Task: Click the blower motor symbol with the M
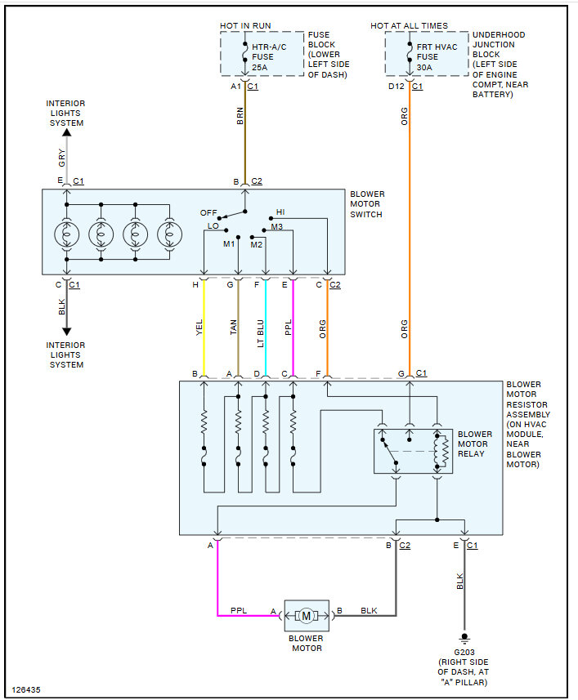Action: pyautogui.click(x=306, y=615)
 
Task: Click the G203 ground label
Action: pyautogui.click(x=464, y=651)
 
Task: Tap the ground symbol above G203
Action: pyautogui.click(x=464, y=636)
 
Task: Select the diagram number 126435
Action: pyautogui.click(x=27, y=689)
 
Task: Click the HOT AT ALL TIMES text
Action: pyautogui.click(x=409, y=26)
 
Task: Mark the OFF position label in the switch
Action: pyautogui.click(x=208, y=212)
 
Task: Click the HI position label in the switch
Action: pyautogui.click(x=280, y=212)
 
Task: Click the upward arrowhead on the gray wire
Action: pyautogui.click(x=66, y=132)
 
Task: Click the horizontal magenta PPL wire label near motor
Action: pyautogui.click(x=239, y=609)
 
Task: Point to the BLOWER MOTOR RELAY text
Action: pyautogui.click(x=475, y=444)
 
